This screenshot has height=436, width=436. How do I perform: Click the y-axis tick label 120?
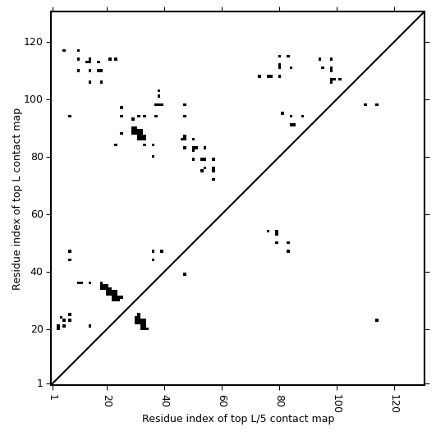(x=33, y=42)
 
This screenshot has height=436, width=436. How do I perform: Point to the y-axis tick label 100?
(x=33, y=99)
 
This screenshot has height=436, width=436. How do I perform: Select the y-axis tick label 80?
(x=36, y=157)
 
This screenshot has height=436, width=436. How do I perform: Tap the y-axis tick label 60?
(x=36, y=214)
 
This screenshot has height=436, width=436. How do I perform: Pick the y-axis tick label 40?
(x=36, y=272)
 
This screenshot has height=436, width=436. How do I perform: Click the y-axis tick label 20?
(x=36, y=329)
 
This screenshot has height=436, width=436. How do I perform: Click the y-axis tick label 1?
(x=40, y=383)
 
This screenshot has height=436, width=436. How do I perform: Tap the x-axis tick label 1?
(x=53, y=397)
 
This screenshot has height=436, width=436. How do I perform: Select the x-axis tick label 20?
(x=108, y=400)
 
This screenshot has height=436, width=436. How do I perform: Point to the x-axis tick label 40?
(x=165, y=400)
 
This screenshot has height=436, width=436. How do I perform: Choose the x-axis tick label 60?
(x=223, y=400)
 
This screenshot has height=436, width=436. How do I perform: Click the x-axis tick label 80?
(x=280, y=400)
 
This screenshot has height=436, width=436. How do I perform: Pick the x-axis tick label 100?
(x=337, y=403)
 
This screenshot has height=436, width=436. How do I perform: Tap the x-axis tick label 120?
(x=395, y=403)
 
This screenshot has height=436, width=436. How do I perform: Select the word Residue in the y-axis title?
(x=16, y=274)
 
